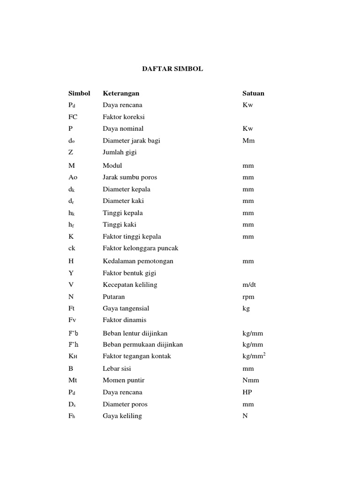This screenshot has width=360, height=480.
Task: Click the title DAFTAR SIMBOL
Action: [172, 69]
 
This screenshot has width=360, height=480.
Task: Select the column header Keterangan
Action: [121, 93]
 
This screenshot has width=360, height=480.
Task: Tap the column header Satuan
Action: [253, 93]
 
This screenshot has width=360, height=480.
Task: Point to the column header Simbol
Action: [79, 93]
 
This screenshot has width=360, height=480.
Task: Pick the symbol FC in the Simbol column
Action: [73, 117]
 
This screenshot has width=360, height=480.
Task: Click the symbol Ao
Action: [73, 177]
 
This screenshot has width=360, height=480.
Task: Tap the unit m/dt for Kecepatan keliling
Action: [250, 285]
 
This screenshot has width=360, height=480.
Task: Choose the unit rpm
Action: [247, 297]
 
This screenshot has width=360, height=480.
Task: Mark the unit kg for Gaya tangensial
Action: [246, 308]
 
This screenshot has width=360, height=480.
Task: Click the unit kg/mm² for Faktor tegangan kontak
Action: [254, 356]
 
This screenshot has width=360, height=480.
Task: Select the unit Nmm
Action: [250, 380]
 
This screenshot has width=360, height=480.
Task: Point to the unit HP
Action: [247, 392]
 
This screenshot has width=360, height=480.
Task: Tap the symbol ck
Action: [72, 248]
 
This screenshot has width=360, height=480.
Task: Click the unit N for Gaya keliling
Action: [245, 416]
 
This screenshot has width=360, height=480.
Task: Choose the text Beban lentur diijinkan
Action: [135, 333]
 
